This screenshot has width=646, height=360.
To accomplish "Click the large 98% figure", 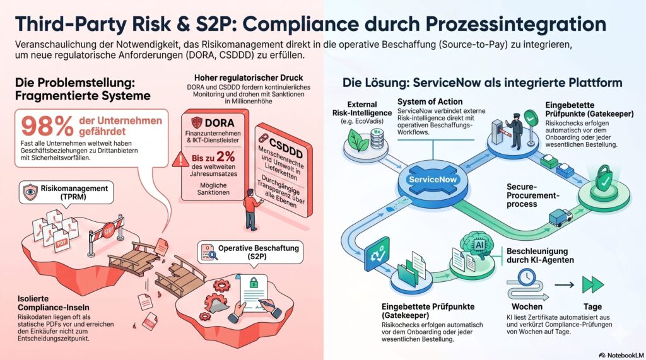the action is [x=47, y=126].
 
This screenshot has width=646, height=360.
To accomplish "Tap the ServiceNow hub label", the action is [x=433, y=180].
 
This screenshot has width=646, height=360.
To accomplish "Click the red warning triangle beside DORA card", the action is [x=180, y=160].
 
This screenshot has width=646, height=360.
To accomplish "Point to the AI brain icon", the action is [x=478, y=245].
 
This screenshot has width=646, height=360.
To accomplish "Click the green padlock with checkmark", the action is [x=604, y=178].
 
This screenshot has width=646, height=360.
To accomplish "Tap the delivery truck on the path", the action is [x=560, y=218].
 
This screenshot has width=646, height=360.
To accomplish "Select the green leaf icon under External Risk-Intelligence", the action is [x=358, y=139].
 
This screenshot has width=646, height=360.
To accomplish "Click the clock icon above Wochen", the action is [x=527, y=277].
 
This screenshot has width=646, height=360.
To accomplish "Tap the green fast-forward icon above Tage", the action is [x=593, y=284].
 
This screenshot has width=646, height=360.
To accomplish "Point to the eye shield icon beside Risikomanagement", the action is [x=30, y=192].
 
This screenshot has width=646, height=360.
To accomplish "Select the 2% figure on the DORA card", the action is [x=226, y=156].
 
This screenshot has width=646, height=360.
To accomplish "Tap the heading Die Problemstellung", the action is [x=75, y=83].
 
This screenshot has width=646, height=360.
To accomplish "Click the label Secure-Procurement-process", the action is [x=532, y=195].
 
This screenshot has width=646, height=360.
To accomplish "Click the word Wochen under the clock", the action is [x=527, y=306].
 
